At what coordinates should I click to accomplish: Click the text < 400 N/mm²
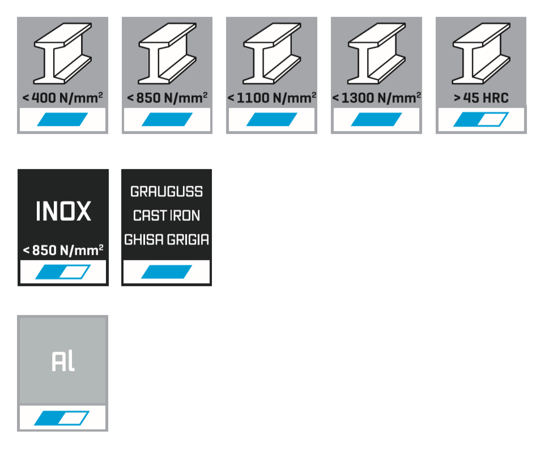tap(62, 98)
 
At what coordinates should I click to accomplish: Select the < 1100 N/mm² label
tap(271, 98)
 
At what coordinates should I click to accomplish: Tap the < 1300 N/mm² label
tap(376, 98)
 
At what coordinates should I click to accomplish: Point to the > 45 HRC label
tap(481, 98)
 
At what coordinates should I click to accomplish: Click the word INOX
tap(63, 212)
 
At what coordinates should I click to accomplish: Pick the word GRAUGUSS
tap(167, 192)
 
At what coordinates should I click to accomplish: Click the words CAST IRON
tap(167, 216)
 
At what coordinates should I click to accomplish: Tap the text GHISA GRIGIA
tap(167, 240)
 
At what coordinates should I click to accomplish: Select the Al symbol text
tap(63, 361)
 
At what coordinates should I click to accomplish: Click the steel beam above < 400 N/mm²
tap(62, 53)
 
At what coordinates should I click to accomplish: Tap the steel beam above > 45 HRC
tap(481, 53)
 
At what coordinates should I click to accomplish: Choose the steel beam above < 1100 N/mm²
tap(271, 53)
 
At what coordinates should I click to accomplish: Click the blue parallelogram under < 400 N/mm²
tap(62, 119)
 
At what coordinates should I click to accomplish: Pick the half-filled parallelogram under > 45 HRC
tap(481, 119)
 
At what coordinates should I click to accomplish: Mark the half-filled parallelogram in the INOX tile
tap(63, 272)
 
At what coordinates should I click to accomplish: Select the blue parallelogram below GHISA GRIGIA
tap(167, 272)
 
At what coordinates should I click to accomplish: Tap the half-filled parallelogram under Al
tap(62, 418)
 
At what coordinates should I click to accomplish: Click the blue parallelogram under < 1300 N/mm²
tap(376, 119)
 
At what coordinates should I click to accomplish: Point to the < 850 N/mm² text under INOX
tap(63, 249)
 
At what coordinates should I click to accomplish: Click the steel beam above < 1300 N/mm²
tap(376, 53)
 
